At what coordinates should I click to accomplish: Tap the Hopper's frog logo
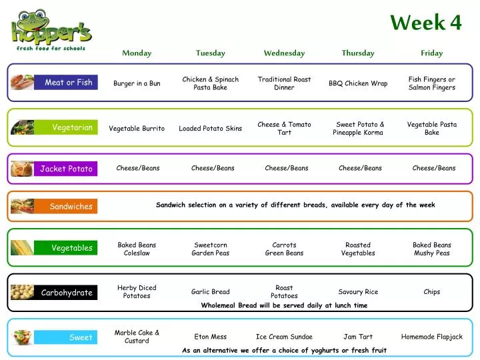[51, 30]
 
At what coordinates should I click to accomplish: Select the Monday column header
[137, 53]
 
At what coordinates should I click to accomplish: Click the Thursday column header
[358, 53]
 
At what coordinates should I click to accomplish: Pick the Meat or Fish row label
[68, 83]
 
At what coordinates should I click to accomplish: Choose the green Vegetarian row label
[72, 127]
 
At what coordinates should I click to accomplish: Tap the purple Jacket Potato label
[66, 169]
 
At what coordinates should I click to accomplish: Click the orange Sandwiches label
[71, 207]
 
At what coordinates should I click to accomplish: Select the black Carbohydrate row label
[67, 293]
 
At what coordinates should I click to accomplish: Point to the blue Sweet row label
[81, 337]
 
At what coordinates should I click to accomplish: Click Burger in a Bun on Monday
[137, 83]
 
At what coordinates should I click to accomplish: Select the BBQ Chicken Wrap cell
[358, 83]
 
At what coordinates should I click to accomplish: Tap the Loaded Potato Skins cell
[210, 129]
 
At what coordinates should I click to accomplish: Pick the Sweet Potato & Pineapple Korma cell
[360, 128]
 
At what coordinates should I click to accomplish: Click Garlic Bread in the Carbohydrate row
[210, 292]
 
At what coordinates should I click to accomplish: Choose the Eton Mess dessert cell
[210, 337]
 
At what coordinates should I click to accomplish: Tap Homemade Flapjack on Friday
[431, 337]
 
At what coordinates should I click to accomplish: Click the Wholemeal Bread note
[284, 305]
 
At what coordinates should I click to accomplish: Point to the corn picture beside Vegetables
[22, 248]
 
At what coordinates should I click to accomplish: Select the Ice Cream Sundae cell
[284, 337]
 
